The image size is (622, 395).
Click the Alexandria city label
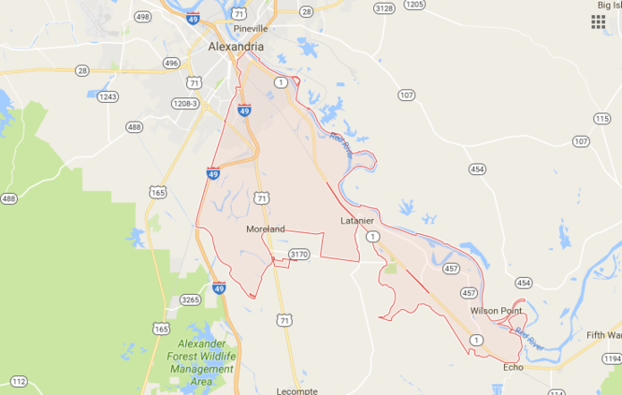(235, 47)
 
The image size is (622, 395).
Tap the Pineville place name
(252, 29)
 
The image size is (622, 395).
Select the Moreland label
(265, 229)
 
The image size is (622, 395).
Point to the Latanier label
(356, 221)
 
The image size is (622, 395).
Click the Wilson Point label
(496, 311)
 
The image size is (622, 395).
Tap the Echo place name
(514, 367)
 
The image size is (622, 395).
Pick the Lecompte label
(298, 389)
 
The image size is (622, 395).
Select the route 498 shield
(143, 17)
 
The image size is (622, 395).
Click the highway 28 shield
(82, 70)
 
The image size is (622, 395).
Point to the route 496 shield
(171, 64)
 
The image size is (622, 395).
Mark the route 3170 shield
(299, 254)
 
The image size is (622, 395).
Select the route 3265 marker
(190, 300)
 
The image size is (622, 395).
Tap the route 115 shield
(600, 119)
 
